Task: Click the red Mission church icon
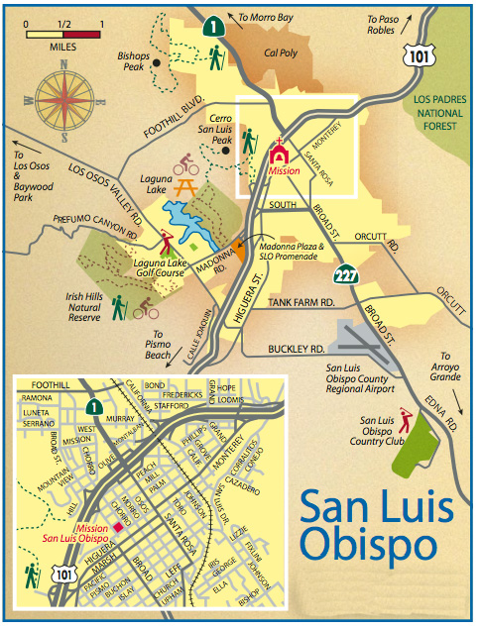[281, 155]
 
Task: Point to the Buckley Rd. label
[297, 350]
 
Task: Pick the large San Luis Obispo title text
[380, 525]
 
